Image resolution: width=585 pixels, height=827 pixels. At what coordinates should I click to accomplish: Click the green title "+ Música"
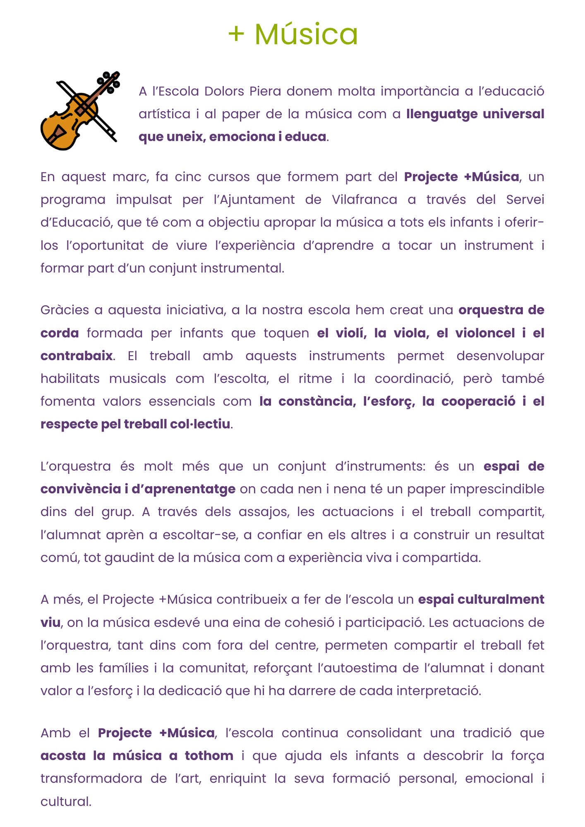[292, 34]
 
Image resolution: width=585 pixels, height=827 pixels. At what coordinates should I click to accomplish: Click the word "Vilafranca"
[364, 200]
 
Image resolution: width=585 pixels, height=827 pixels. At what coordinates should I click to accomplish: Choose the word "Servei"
[525, 200]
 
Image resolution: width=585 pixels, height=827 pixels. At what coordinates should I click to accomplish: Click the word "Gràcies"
[65, 310]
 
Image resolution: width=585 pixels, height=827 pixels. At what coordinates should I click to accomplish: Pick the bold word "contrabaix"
[77, 356]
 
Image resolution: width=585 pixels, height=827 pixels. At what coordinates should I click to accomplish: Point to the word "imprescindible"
[497, 489]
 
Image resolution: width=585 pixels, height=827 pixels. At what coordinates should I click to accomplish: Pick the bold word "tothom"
[209, 756]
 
